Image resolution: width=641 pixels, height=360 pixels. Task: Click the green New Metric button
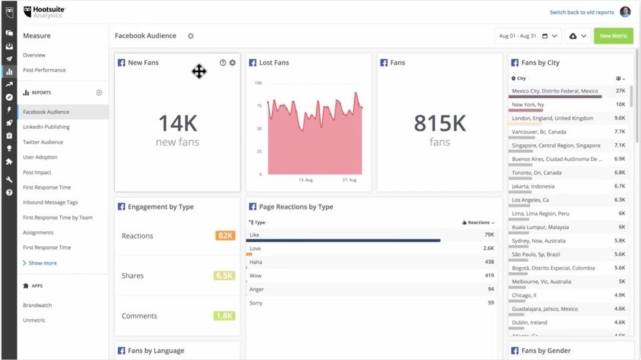tap(613, 36)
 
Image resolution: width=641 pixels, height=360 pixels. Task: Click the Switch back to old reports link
tap(581, 12)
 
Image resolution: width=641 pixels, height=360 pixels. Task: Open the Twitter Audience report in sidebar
tap(43, 142)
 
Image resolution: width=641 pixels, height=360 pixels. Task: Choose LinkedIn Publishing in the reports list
tap(46, 127)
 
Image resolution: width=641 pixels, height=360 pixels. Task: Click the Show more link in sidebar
tap(42, 263)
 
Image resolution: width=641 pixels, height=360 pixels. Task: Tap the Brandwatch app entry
tap(37, 305)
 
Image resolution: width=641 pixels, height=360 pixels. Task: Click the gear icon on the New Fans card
tap(232, 63)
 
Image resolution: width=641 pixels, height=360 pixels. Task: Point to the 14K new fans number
tap(177, 123)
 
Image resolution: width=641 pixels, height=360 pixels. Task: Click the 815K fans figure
tap(439, 123)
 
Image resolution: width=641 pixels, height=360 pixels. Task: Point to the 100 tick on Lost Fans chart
tap(258, 83)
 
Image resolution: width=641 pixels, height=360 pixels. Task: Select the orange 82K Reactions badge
tap(225, 236)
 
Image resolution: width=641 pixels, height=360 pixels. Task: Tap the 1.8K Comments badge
tap(224, 316)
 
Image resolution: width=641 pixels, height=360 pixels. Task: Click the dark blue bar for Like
tap(343, 240)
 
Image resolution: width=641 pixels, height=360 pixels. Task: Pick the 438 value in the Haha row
tap(489, 262)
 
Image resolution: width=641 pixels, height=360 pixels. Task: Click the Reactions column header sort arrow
tap(493, 222)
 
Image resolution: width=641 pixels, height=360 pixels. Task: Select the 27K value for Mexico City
tap(620, 91)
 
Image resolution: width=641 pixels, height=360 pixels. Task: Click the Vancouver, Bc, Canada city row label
tap(539, 132)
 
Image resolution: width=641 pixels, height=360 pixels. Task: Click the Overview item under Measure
tap(34, 55)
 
